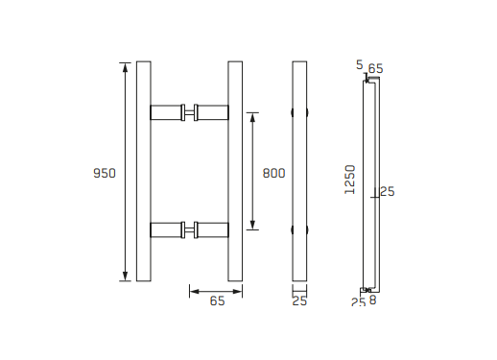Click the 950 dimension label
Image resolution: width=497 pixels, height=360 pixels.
coord(104,174)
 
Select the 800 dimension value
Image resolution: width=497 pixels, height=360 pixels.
coord(273,174)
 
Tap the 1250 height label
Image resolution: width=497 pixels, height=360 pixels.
coord(350,180)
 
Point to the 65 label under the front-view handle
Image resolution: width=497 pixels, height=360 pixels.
coord(217,301)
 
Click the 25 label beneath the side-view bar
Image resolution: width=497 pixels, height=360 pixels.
coord(299,301)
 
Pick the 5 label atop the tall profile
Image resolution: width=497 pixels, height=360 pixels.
coord(359,65)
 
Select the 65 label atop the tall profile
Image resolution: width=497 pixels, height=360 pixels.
coord(375,68)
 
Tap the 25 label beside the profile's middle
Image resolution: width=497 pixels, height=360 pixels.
coord(388,192)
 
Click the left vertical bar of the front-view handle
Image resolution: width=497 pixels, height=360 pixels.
coord(144,171)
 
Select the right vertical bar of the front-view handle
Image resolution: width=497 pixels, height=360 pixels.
coord(235,171)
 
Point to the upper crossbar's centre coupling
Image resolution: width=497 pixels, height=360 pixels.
coord(190,111)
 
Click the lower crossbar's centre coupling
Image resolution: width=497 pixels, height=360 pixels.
coord(190,230)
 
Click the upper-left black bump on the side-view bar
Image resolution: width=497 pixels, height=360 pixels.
coord(293,112)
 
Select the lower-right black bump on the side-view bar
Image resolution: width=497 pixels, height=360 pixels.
coord(308,230)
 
